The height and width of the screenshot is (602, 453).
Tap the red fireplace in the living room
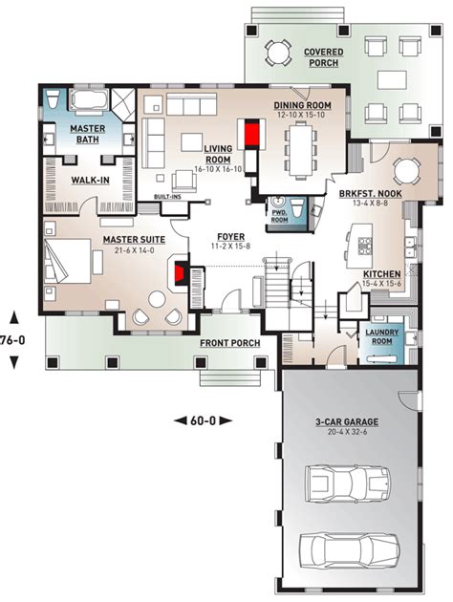click(253, 133)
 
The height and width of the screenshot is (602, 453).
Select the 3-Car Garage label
click(346, 421)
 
